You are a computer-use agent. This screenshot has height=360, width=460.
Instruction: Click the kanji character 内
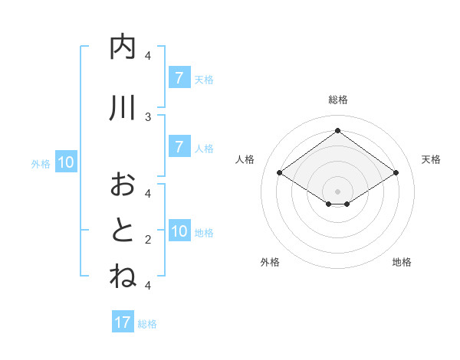(123, 47)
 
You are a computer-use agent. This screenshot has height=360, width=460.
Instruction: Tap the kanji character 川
(123, 109)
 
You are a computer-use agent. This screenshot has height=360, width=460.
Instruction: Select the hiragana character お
(123, 185)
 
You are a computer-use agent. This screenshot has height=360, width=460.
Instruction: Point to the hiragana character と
(123, 231)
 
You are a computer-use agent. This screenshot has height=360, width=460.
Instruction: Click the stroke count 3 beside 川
(148, 116)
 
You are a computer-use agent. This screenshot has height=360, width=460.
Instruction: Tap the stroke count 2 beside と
(148, 239)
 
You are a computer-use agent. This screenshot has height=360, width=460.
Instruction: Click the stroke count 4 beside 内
(148, 55)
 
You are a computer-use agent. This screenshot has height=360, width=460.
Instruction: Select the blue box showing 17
(123, 322)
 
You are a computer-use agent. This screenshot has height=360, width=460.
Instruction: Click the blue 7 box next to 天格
(179, 78)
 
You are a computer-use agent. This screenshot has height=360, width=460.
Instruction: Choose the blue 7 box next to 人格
(179, 147)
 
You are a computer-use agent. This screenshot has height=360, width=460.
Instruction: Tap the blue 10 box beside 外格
(65, 162)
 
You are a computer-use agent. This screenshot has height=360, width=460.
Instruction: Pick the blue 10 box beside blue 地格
(179, 231)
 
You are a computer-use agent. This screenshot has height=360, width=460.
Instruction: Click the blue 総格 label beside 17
(147, 324)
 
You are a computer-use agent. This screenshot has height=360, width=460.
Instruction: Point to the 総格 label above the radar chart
(337, 100)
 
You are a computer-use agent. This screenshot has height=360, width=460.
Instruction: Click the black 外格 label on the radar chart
(270, 262)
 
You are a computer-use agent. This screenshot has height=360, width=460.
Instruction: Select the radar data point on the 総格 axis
(337, 130)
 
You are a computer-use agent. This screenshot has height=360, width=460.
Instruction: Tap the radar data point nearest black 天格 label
(396, 173)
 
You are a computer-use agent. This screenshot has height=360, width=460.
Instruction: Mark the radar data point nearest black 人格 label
(279, 173)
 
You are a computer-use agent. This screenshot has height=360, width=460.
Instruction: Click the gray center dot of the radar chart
(337, 191)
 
